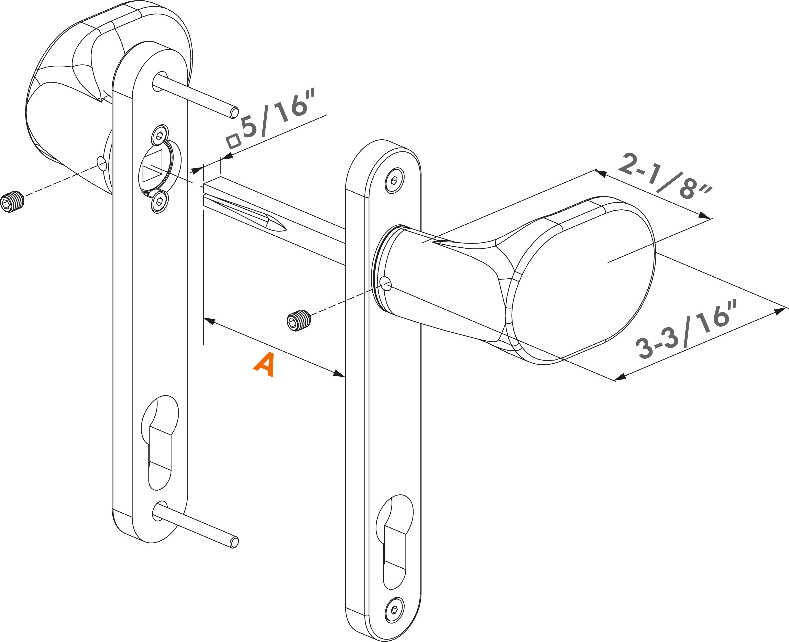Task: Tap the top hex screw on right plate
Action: [x=394, y=180]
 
